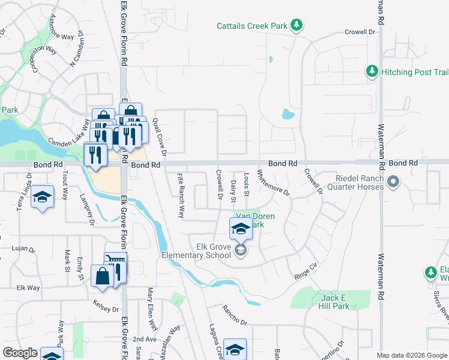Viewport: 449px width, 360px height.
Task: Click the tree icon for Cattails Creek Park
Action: (295, 25)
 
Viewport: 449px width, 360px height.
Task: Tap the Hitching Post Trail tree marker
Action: (372, 72)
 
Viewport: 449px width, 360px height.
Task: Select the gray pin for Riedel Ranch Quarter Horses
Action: (393, 181)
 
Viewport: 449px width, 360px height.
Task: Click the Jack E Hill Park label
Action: (335, 302)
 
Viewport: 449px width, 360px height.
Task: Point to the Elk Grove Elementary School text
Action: (196, 250)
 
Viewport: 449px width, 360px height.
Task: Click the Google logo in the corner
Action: (20, 353)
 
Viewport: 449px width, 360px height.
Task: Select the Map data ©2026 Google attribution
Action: (412, 355)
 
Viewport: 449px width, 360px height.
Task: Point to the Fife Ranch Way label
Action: (179, 196)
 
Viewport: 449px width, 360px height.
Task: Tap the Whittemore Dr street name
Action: (273, 183)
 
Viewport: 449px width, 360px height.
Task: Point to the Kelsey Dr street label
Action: (107, 308)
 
